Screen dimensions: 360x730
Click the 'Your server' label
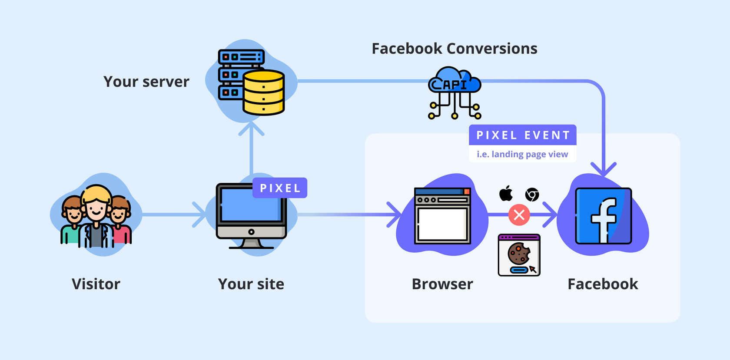(146, 82)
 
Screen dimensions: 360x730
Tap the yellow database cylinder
(263, 92)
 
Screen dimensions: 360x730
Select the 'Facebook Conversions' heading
(454, 49)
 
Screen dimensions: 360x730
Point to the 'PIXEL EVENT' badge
(523, 135)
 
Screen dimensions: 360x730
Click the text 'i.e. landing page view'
(522, 154)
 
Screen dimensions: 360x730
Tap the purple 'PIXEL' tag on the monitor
(280, 188)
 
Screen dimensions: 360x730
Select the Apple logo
(506, 194)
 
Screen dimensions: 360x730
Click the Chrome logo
(532, 195)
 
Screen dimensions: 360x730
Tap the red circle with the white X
(519, 215)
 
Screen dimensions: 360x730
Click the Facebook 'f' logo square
(603, 216)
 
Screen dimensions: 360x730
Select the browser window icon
(442, 216)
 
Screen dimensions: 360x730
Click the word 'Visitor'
(96, 284)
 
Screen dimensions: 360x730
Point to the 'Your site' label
(251, 284)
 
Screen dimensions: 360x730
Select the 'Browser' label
(442, 284)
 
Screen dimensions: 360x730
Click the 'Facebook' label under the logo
(603, 284)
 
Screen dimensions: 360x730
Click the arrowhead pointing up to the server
(251, 127)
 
